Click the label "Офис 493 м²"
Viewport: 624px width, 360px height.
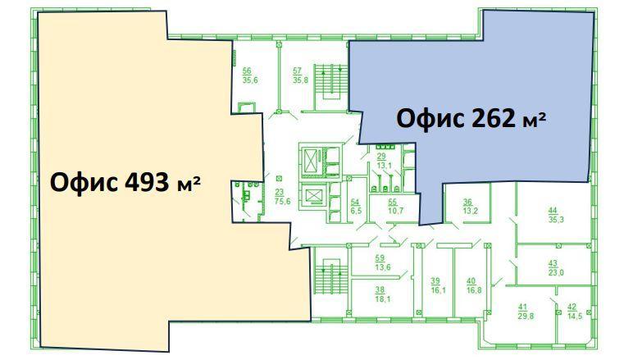[125, 183]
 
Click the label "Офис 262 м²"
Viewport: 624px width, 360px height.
[471, 119]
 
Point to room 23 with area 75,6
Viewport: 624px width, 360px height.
[282, 197]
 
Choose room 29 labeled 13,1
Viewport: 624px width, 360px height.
[384, 161]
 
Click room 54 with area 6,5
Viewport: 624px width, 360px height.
[355, 207]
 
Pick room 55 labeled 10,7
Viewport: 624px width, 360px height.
[395, 207]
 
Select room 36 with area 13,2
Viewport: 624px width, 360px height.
[470, 207]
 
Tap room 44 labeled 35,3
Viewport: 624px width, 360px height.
[556, 215]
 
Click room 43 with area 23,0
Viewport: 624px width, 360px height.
[556, 268]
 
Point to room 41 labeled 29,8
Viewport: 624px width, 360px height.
[526, 312]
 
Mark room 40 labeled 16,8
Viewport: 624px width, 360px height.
[474, 286]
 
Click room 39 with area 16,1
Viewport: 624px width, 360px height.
[438, 286]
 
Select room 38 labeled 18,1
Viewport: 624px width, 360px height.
[382, 294]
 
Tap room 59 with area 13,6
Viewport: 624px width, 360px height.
[382, 263]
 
